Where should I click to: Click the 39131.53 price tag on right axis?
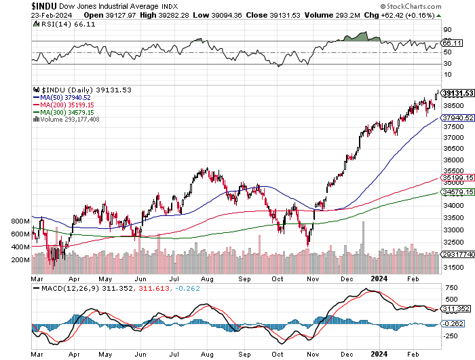(457, 93)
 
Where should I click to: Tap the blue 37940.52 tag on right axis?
(457, 117)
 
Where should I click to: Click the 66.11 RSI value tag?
(447, 43)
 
